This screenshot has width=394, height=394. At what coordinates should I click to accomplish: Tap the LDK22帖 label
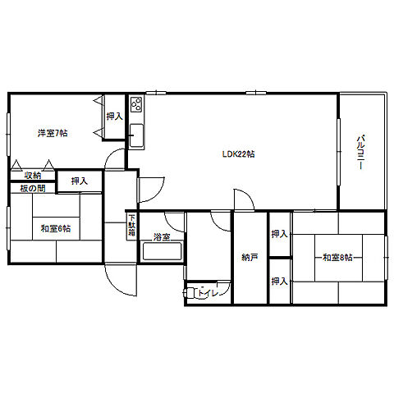tap(238, 153)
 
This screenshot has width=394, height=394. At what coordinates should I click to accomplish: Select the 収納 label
tap(32, 176)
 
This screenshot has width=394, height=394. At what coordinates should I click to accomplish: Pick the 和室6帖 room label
tap(55, 228)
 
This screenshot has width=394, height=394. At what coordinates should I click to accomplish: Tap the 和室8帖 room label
tap(337, 257)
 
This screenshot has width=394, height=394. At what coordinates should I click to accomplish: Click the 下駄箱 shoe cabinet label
tap(131, 225)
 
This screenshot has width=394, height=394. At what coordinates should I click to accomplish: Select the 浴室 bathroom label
tap(161, 237)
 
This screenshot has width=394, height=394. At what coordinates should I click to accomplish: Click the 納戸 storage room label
tap(250, 257)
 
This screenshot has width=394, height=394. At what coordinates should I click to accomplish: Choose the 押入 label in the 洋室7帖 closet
tap(114, 117)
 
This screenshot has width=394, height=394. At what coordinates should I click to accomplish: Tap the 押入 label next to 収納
tap(79, 181)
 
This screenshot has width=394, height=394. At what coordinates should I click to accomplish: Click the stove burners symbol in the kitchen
tap(136, 105)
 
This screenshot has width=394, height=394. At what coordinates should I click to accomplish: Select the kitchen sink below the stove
tap(136, 133)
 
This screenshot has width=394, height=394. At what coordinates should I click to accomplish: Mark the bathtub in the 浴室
tap(161, 252)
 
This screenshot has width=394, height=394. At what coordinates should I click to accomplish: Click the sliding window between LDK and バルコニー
tap(338, 153)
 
